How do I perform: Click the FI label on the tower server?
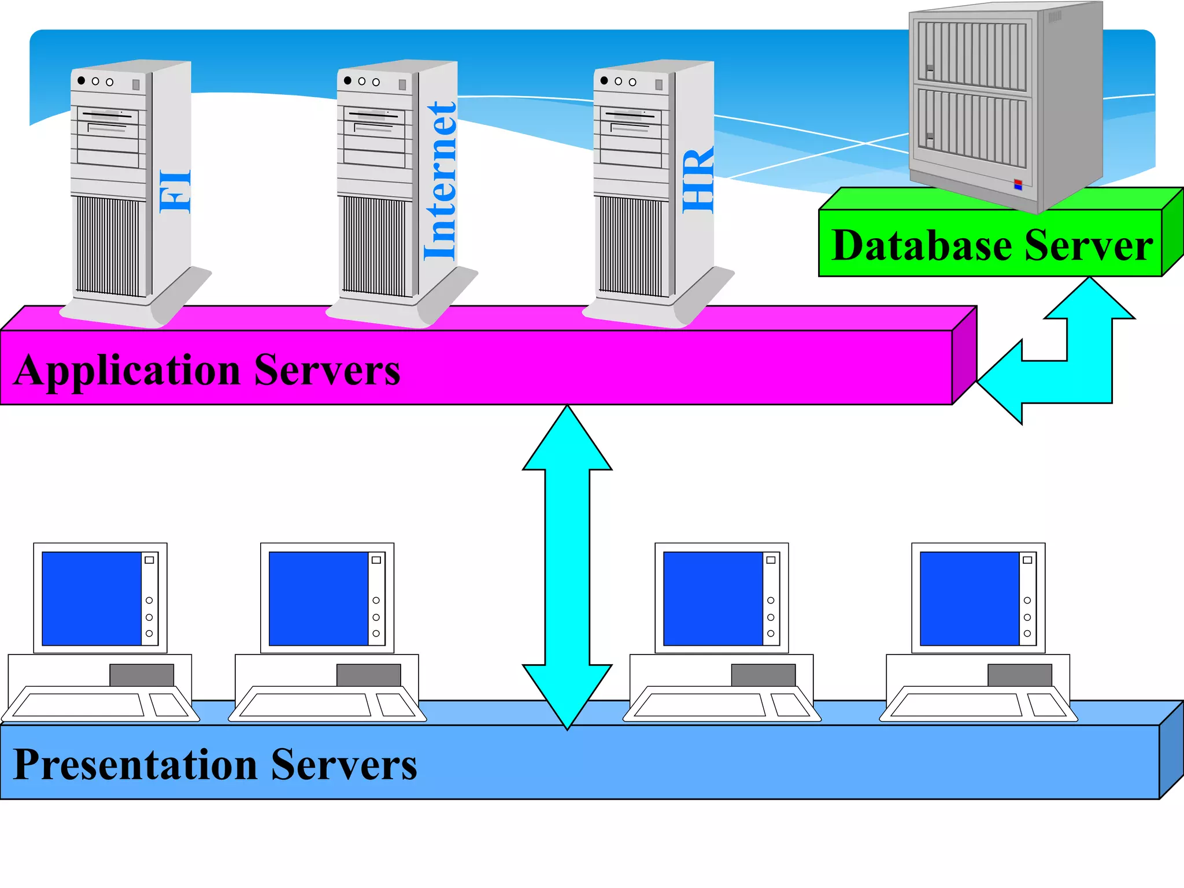[x=175, y=191]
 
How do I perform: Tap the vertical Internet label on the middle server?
[x=441, y=181]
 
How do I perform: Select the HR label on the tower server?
[x=698, y=181]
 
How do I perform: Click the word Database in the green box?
[x=922, y=246]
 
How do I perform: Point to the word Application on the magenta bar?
[x=127, y=370]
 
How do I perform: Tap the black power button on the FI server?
[x=82, y=80]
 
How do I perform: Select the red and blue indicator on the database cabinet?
[x=1018, y=185]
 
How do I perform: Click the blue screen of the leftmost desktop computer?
[x=91, y=598]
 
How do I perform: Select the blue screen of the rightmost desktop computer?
[x=969, y=598]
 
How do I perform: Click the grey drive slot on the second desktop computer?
[x=368, y=675]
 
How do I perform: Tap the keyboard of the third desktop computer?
[x=700, y=705]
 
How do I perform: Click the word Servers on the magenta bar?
[x=327, y=370]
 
